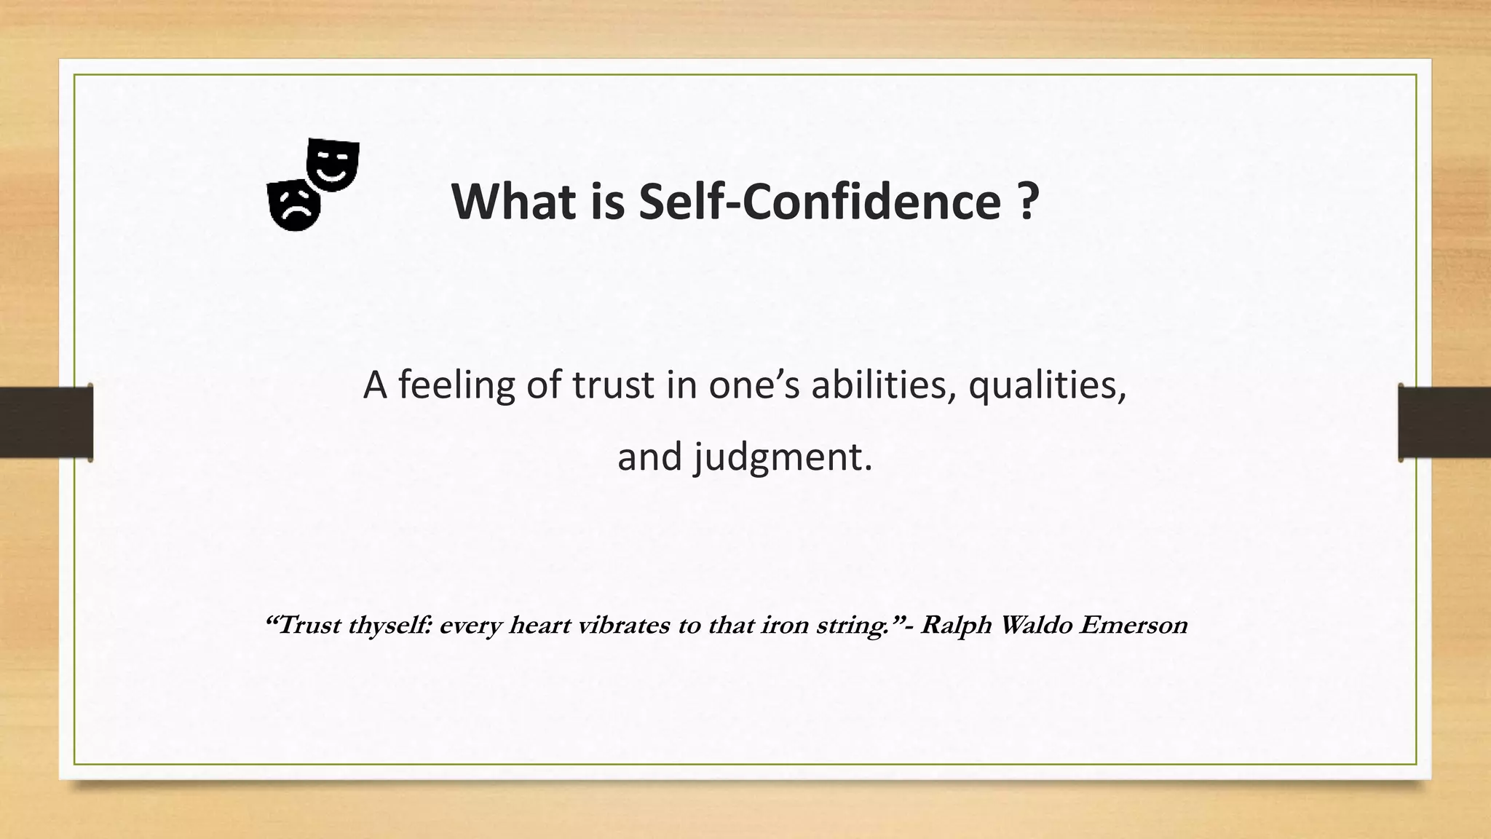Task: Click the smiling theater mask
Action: tap(333, 164)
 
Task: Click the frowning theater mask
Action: tap(293, 205)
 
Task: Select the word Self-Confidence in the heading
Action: tap(820, 202)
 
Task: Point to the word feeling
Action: tap(456, 385)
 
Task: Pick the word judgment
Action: tap(781, 458)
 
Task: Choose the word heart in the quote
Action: tap(539, 625)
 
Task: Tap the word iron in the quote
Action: tap(785, 625)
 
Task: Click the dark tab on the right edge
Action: tap(1444, 422)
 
